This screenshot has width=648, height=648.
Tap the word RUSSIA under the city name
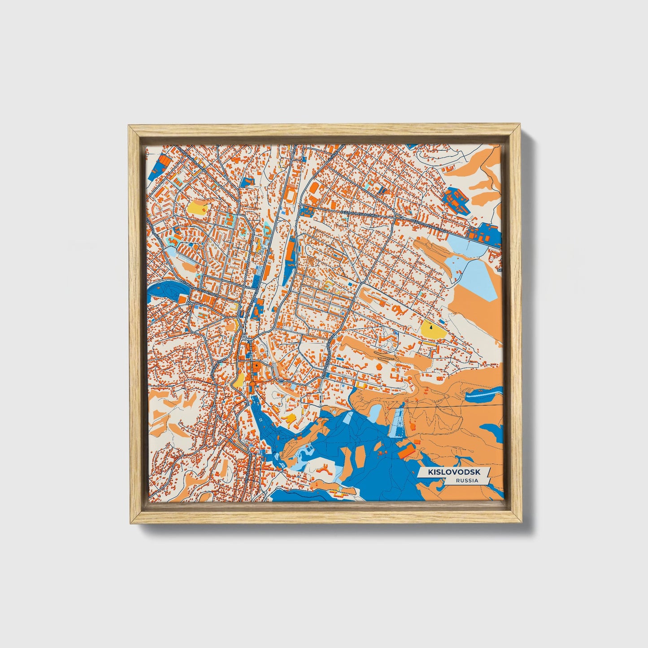(x=466, y=481)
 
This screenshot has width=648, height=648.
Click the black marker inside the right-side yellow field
(x=431, y=327)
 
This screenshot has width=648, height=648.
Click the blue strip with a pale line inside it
(x=484, y=394)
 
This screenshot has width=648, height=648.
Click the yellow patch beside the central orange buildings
(x=238, y=380)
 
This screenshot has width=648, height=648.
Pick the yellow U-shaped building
(x=289, y=419)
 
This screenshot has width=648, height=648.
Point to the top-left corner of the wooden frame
(x=129, y=126)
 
